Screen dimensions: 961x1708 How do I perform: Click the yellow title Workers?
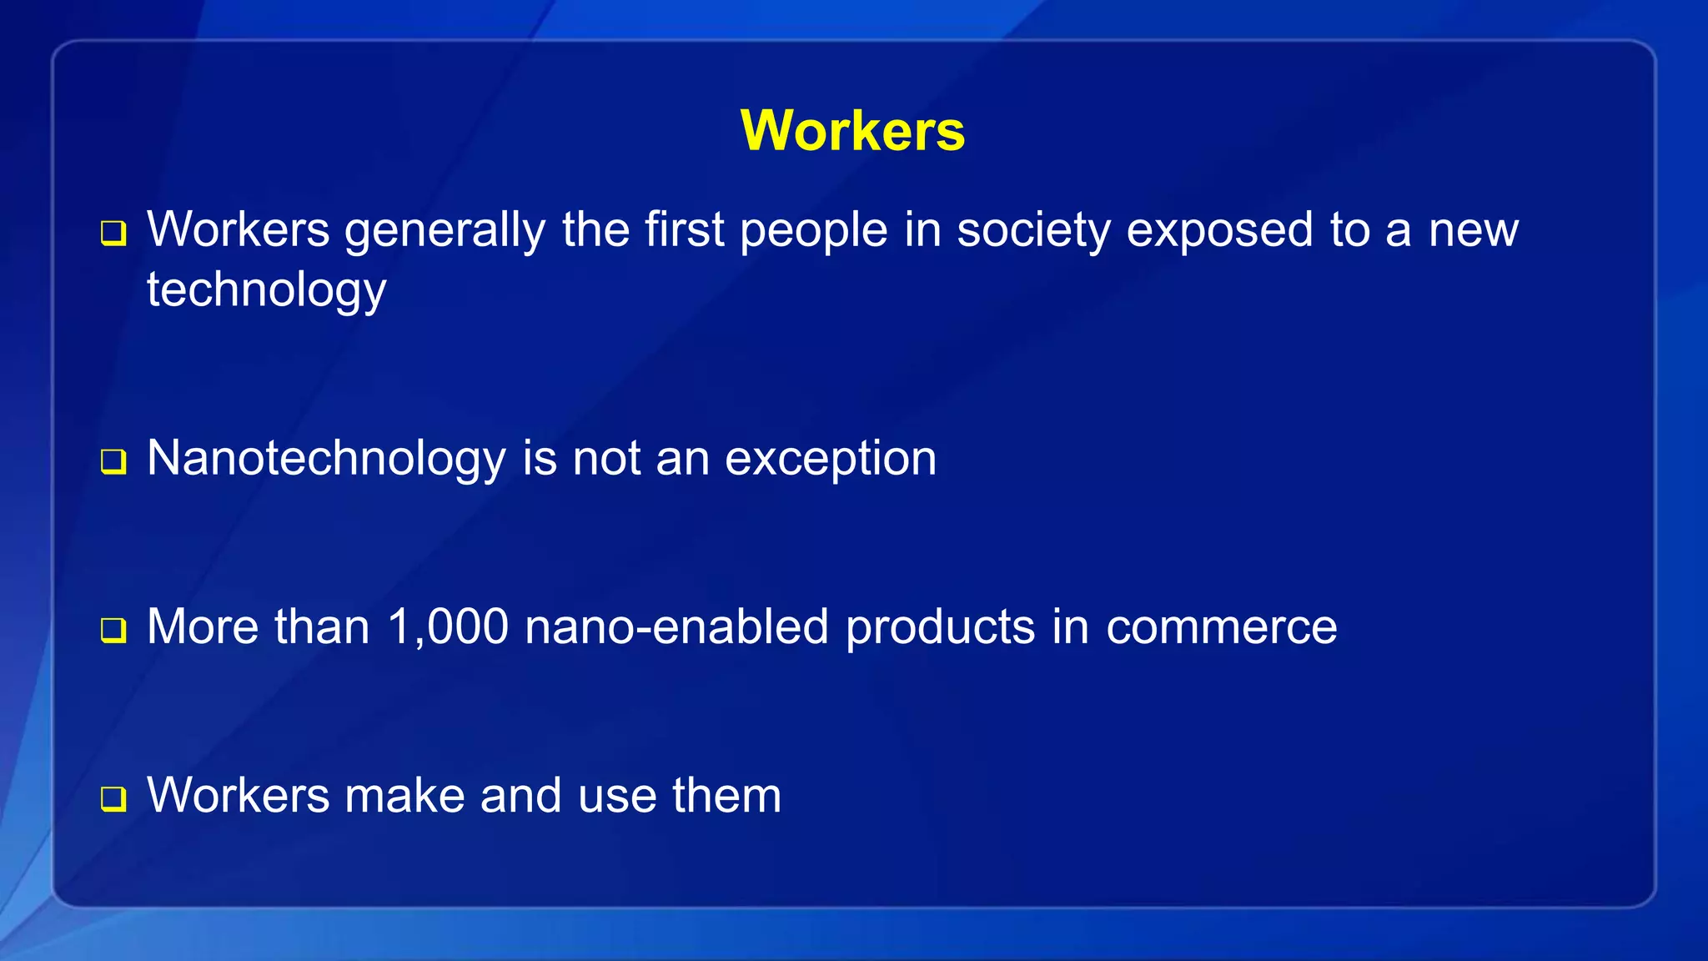tap(852, 131)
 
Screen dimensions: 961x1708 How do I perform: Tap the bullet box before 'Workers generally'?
tap(113, 233)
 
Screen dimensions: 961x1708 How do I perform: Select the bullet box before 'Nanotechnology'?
tap(113, 461)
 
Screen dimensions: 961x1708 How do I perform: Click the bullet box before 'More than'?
tap(113, 630)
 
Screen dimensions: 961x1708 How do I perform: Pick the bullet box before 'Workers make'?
tap(113, 798)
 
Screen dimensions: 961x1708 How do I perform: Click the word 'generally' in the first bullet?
tap(445, 231)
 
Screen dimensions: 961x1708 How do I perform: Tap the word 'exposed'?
tap(1220, 231)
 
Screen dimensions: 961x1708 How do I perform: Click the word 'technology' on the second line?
tap(267, 291)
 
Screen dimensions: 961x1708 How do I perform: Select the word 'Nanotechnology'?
tap(326, 460)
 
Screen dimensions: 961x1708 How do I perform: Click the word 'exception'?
tap(831, 460)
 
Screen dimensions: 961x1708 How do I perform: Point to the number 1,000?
tap(448, 627)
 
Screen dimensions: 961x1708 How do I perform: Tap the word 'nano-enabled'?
tap(677, 627)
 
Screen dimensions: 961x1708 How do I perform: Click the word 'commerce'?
tap(1221, 627)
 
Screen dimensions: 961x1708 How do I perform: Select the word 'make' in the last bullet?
tap(404, 796)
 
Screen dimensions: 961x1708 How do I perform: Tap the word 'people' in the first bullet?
tap(814, 231)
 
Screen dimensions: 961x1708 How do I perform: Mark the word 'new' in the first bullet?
tap(1474, 231)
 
